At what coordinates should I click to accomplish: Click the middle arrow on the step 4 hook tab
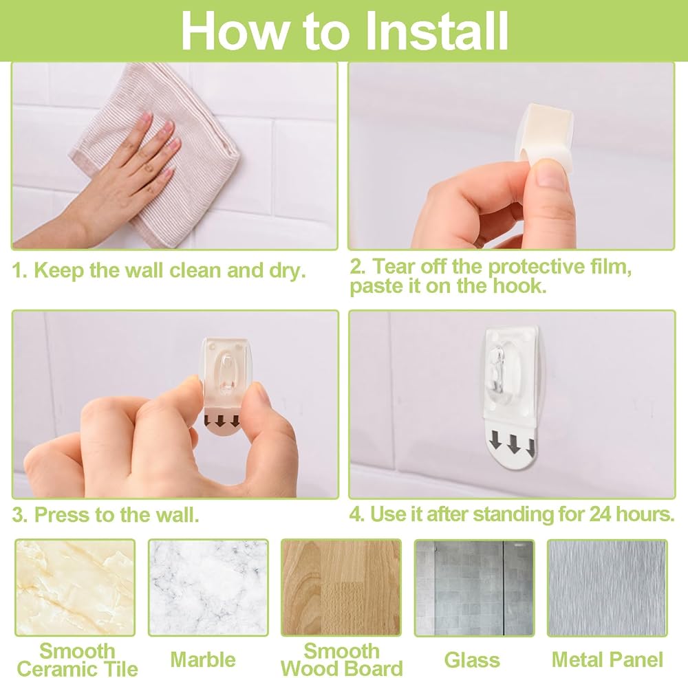[513, 444]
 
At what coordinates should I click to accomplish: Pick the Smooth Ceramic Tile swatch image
[75, 588]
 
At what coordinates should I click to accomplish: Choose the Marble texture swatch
[208, 588]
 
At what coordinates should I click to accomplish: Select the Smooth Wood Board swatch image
[341, 588]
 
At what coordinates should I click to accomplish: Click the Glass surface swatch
[474, 588]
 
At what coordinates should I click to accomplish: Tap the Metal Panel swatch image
[608, 588]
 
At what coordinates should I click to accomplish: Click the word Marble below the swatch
[203, 659]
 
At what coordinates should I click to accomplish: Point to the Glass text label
[472, 660]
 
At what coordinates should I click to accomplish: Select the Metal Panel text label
[608, 659]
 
